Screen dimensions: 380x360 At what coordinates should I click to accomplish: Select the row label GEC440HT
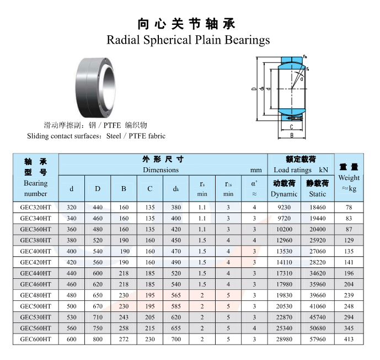click(36, 273)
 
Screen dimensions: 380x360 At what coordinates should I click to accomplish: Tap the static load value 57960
click(318, 339)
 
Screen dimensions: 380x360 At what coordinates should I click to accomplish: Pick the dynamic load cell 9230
click(284, 208)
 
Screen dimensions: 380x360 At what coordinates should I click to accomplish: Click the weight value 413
click(349, 339)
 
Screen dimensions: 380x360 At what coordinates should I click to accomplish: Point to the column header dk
click(176, 189)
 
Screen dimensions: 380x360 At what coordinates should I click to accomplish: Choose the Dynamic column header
click(284, 194)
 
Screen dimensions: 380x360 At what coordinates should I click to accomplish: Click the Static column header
click(318, 194)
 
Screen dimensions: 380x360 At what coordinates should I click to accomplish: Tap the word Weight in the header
click(349, 178)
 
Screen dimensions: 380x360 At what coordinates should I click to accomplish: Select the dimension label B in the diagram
click(292, 135)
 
